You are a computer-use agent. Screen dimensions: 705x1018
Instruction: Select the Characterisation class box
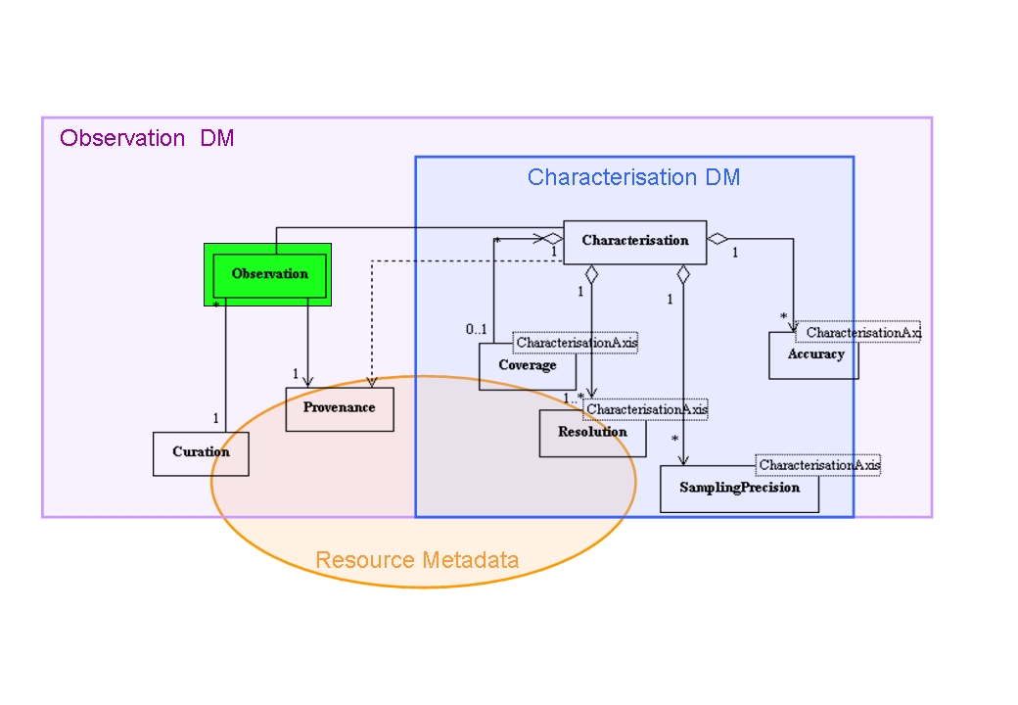pos(634,241)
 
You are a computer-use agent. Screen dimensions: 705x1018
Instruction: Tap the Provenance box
pos(339,408)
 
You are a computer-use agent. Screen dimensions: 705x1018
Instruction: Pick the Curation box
pos(201,452)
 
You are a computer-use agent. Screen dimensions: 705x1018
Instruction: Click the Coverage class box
pos(527,366)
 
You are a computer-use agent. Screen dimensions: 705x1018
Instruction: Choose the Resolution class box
pos(592,433)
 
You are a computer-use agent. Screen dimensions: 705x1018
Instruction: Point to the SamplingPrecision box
pos(739,489)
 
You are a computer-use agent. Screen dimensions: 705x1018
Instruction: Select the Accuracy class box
pos(814,355)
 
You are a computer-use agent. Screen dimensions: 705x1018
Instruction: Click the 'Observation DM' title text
pos(147,138)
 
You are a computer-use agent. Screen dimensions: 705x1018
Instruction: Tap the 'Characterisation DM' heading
pos(633,177)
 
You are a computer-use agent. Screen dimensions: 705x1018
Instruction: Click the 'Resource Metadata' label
pos(417,561)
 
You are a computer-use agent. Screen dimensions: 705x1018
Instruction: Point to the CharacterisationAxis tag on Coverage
pos(577,343)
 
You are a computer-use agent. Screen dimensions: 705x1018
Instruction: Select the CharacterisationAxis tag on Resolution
pos(646,409)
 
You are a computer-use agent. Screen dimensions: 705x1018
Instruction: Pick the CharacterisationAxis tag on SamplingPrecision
pos(819,465)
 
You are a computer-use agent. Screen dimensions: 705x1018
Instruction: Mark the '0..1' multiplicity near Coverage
pos(477,329)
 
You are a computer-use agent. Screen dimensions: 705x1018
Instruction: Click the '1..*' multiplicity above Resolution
pos(573,398)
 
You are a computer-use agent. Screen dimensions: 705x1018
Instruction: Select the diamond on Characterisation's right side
pos(717,238)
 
